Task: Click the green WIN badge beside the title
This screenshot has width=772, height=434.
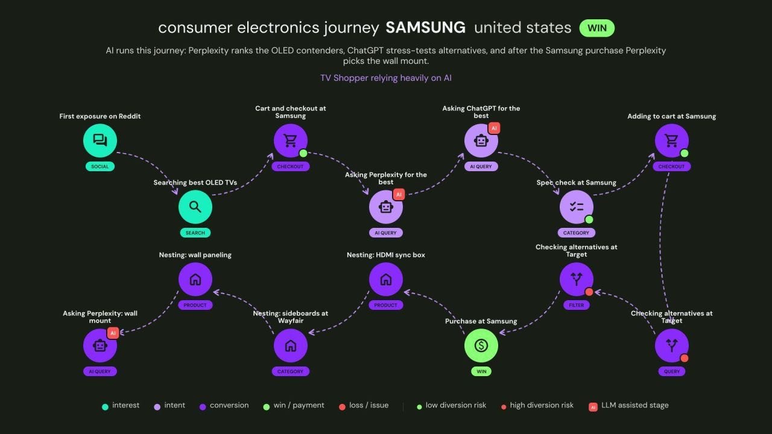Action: point(597,28)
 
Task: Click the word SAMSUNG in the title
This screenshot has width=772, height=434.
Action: point(425,28)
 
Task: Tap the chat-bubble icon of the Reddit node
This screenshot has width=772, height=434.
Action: point(100,140)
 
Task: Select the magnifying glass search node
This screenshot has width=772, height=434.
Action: point(195,207)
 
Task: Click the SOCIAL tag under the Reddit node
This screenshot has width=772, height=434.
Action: point(100,166)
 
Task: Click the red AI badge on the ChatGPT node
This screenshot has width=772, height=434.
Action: point(494,128)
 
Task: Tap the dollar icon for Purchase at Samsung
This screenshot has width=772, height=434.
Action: point(481,345)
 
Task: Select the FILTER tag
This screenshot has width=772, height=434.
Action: point(576,305)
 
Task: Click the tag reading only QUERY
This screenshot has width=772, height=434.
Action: point(672,371)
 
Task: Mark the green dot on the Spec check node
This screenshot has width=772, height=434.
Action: point(589,219)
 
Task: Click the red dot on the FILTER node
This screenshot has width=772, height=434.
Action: point(589,292)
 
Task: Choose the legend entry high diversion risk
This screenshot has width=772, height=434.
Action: point(537,406)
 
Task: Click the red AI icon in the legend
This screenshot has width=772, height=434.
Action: point(593,407)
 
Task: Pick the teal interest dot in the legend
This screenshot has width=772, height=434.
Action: point(105,407)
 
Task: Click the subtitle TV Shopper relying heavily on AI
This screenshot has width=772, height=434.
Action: point(385,78)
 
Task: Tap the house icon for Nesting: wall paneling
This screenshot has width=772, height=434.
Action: point(195,279)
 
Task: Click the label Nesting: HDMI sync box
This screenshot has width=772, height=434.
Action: point(385,255)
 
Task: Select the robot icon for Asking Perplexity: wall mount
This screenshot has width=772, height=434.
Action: point(100,345)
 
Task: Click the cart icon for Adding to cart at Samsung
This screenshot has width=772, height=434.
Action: point(671,140)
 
